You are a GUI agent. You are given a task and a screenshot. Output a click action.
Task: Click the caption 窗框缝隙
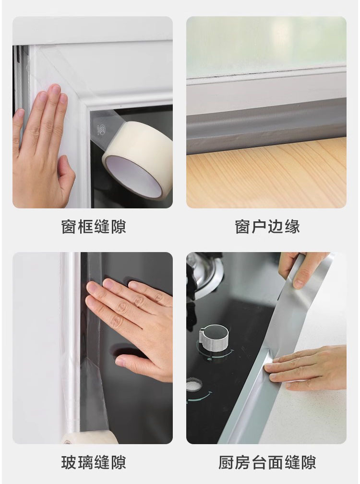[94, 227]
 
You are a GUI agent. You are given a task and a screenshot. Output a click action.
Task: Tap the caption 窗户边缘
[267, 227]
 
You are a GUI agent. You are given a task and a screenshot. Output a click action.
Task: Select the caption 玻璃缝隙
[94, 462]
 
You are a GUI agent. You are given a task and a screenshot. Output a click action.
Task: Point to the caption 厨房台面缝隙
[267, 462]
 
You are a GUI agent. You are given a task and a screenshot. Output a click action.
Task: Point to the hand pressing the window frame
[42, 145]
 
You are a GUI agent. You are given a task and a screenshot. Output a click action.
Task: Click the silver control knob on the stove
[213, 338]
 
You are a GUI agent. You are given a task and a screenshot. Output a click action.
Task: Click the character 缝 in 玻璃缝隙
[102, 462]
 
